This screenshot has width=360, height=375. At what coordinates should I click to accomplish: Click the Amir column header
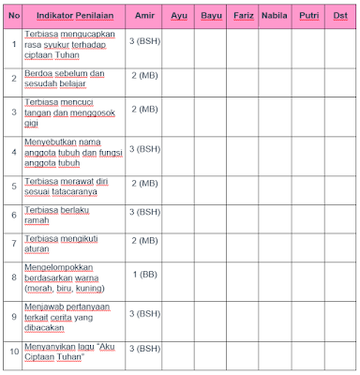coord(144,16)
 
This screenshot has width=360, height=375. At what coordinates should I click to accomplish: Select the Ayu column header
coord(179,16)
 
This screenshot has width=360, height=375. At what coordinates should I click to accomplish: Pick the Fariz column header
coord(243,16)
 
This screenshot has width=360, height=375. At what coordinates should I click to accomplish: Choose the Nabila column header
coord(273,16)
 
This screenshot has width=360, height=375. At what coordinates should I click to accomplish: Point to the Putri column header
coord(306,16)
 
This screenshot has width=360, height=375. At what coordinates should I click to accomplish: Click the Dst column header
coord(339,16)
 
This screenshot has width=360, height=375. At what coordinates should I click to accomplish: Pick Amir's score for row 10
coord(145,349)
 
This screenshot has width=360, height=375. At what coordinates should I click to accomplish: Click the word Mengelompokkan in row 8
coord(57,270)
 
